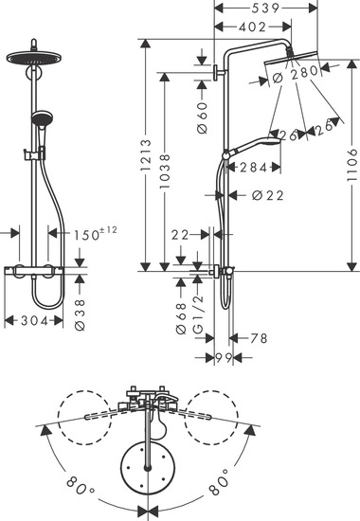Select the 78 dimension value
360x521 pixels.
pyautogui.click(x=258, y=337)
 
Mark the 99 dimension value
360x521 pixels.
pyautogui.click(x=223, y=356)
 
